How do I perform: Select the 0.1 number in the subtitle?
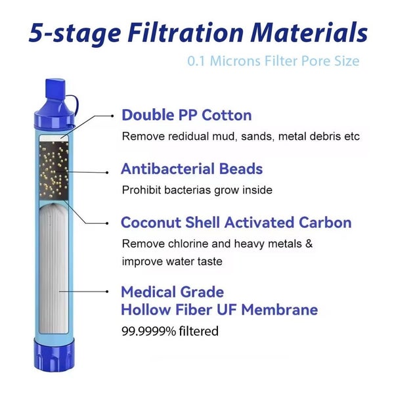click(x=196, y=61)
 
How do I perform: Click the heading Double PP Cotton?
click(x=186, y=116)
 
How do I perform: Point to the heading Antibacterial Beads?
click(x=192, y=169)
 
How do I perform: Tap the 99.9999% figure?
click(x=148, y=331)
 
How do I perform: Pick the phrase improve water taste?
click(x=172, y=261)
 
